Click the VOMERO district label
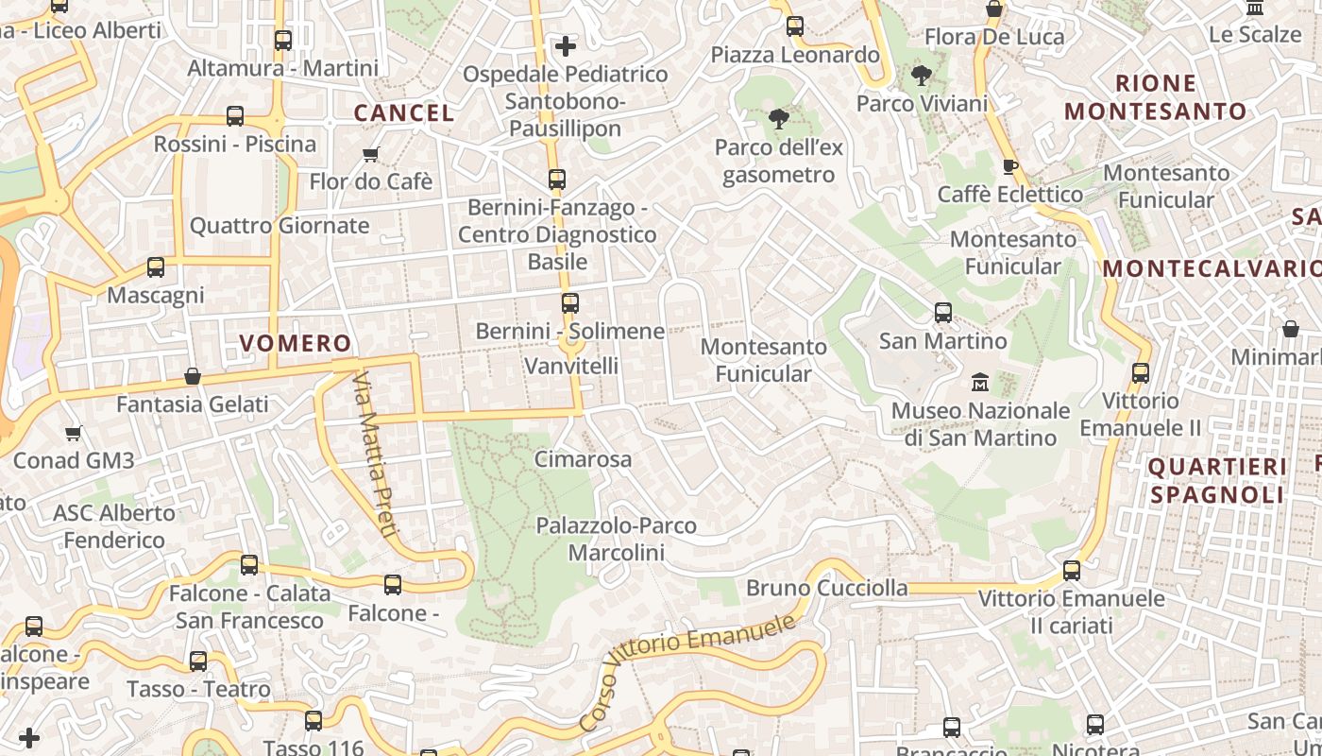[x=295, y=343]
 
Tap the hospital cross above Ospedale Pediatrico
[x=565, y=45]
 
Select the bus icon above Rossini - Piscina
[x=235, y=116]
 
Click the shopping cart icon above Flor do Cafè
[x=371, y=153]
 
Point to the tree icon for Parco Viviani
[x=921, y=76]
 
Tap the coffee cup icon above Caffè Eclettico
[x=1009, y=166]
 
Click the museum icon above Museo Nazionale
[x=980, y=383]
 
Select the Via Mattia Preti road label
[x=373, y=454]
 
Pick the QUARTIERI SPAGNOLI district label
[x=1217, y=480]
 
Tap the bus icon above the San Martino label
[x=942, y=313]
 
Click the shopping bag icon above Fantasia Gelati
[x=193, y=376]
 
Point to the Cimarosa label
[x=583, y=459]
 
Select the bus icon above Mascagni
[x=156, y=267]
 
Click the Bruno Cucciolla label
[x=827, y=588]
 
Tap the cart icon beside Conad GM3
[x=73, y=434]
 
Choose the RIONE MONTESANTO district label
[x=1156, y=97]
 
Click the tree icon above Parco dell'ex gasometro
[x=778, y=119]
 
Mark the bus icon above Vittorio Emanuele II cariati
[x=1071, y=571]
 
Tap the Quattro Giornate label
[x=280, y=226]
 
